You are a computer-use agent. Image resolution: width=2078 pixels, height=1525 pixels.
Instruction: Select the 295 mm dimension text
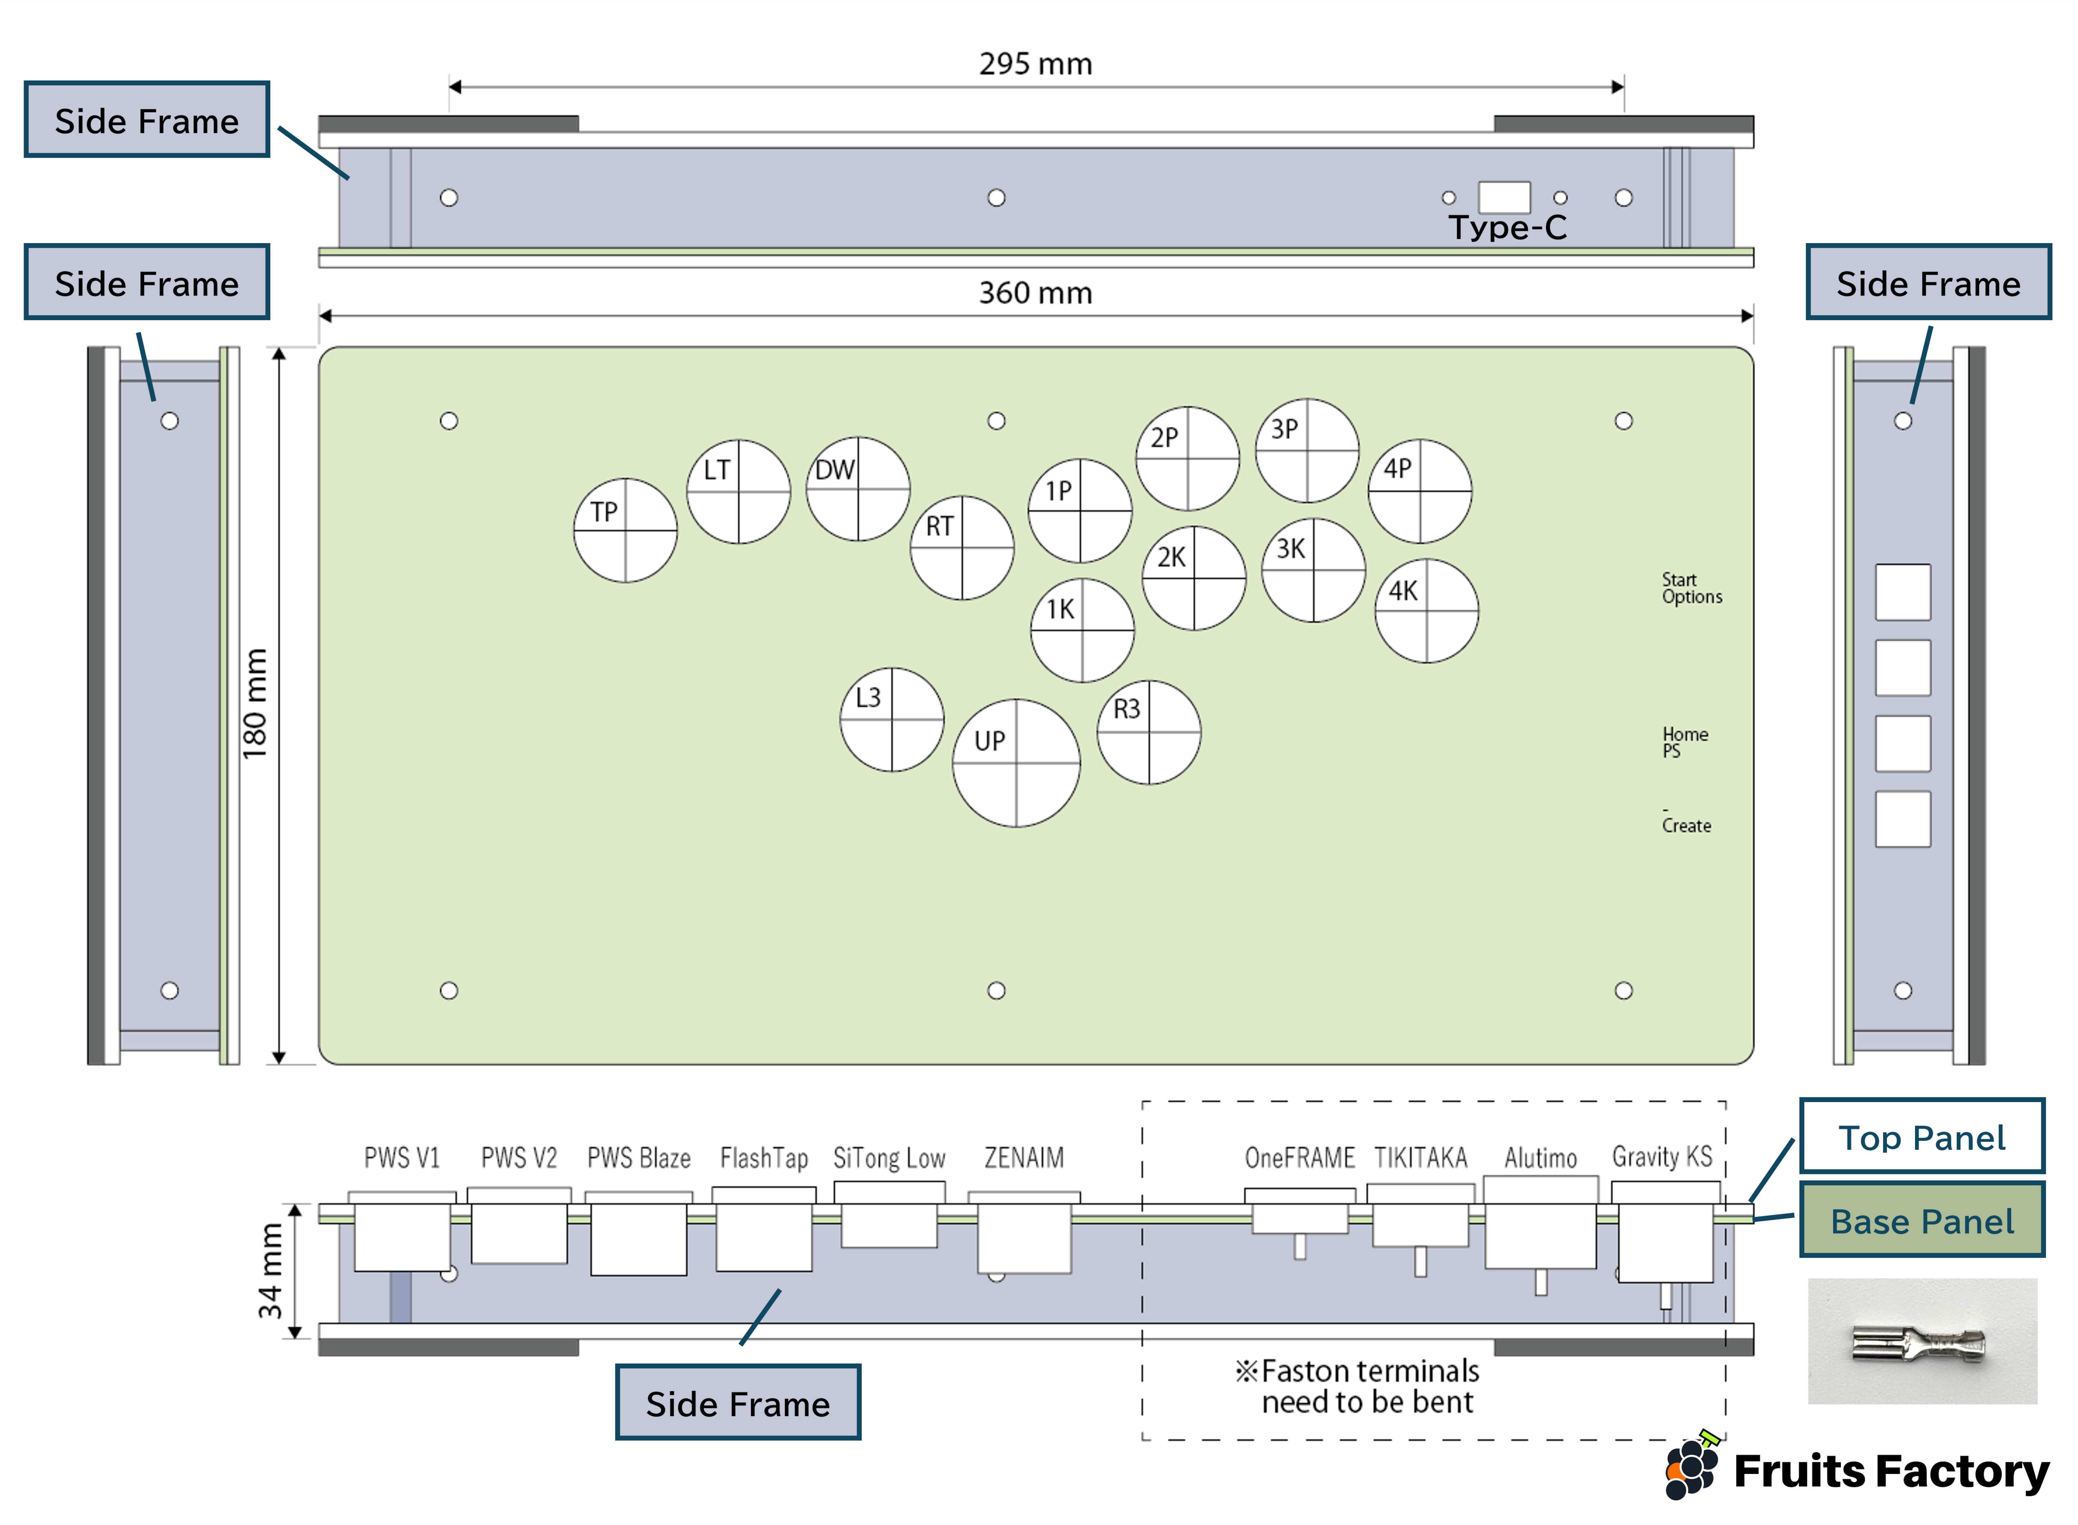tap(1036, 64)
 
